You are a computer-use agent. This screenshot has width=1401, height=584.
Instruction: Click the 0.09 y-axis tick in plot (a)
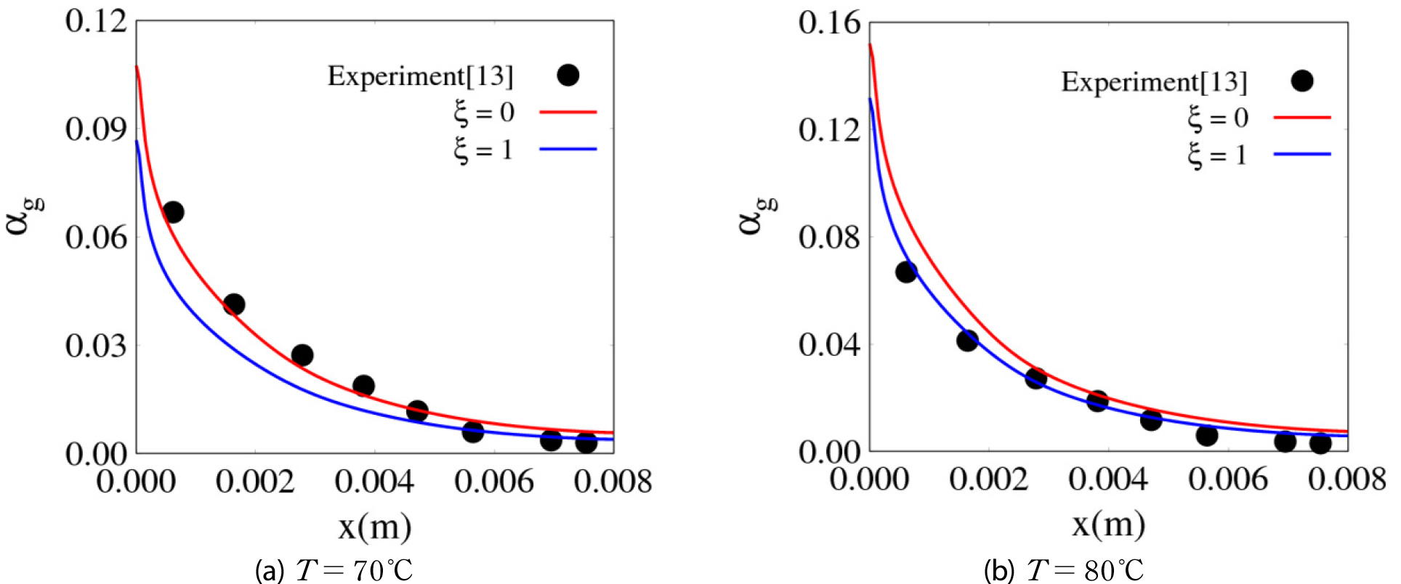pos(96,129)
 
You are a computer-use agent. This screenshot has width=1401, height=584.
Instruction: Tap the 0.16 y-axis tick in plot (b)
pos(829,23)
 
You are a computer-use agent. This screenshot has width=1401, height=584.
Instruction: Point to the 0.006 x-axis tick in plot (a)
pos(494,482)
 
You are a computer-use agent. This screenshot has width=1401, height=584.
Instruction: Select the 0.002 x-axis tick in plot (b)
pos(989,480)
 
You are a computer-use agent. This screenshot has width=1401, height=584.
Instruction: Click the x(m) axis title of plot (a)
pos(375,527)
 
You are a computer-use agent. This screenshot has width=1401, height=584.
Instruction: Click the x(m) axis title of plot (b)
pos(1109,524)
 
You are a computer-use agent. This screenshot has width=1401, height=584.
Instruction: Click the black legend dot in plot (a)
pos(568,75)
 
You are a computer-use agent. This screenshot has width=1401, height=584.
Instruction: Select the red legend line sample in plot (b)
pos(1302,117)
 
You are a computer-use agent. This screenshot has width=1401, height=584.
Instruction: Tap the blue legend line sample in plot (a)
pos(568,150)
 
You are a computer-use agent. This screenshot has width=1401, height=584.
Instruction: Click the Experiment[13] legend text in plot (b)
pos(1154,82)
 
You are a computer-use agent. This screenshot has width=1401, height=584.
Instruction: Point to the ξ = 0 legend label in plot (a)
pos(484,113)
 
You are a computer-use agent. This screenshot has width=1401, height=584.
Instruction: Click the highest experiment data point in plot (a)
pos(173,212)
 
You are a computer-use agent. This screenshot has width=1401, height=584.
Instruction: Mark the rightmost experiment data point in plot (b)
pos(1320,443)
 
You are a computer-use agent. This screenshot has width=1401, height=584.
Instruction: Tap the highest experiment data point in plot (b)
pos(906,272)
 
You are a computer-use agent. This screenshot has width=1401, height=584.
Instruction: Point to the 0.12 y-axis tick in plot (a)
pos(96,22)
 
